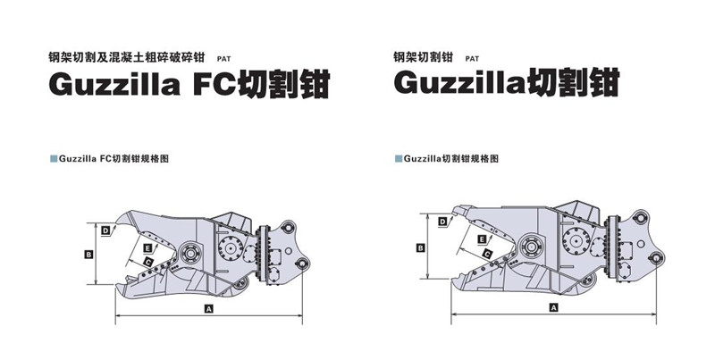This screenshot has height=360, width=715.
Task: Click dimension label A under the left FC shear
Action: [x=208, y=308]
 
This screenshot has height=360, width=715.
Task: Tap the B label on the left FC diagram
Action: [x=88, y=255]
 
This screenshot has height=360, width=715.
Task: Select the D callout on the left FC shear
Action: [x=105, y=231]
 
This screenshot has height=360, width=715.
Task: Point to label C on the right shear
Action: [x=488, y=255]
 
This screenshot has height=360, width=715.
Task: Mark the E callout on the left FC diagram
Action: [x=146, y=245]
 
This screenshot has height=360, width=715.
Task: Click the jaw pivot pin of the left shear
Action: [x=191, y=249]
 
